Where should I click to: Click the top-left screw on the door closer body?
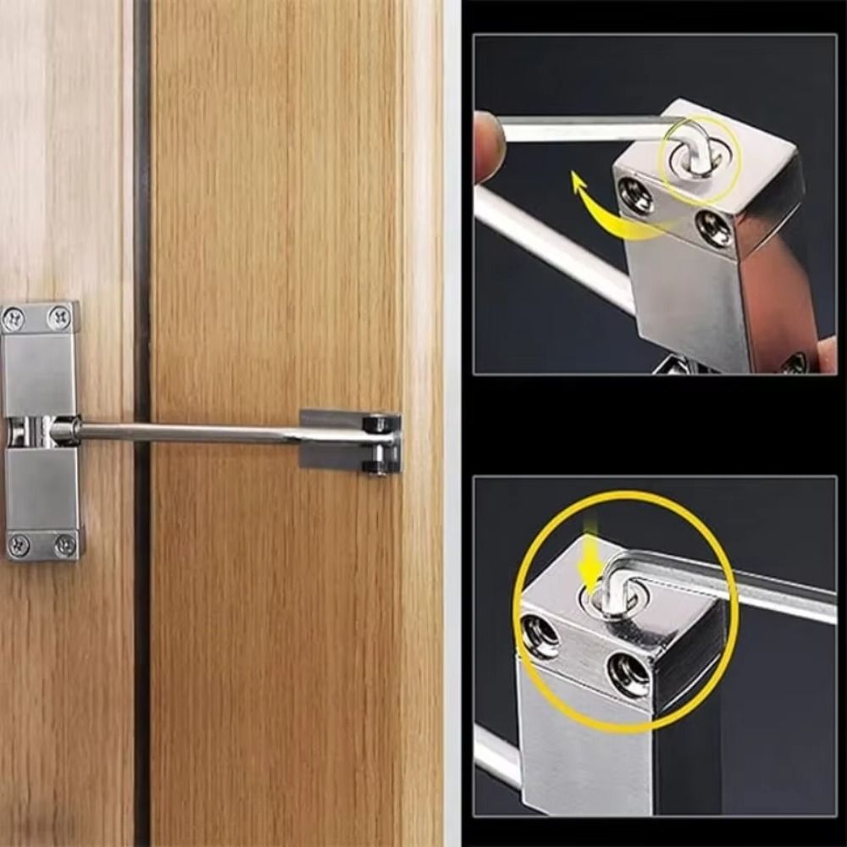14,318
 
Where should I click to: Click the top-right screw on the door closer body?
59,318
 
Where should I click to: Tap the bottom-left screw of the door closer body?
18,545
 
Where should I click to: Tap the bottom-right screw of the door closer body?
64,545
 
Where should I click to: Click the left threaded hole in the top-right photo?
637,196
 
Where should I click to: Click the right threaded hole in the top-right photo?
715,230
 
